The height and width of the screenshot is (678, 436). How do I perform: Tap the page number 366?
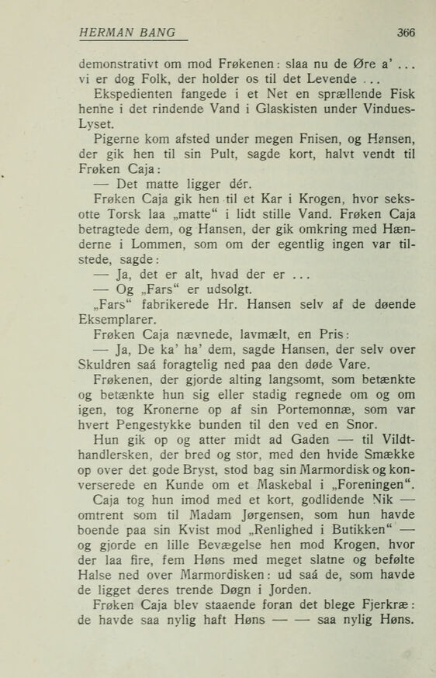[406, 33]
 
